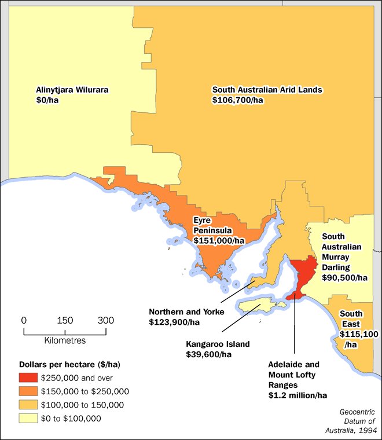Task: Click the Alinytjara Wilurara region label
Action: click(72, 90)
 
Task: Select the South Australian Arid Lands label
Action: click(267, 90)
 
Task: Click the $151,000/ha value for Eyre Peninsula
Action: click(219, 240)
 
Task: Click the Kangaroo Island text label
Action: click(218, 344)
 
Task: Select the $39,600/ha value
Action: click(208, 354)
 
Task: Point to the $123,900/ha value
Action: click(175, 321)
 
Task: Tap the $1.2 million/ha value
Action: click(297, 395)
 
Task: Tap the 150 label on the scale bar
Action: click(65, 320)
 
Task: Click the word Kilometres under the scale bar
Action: click(65, 340)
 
